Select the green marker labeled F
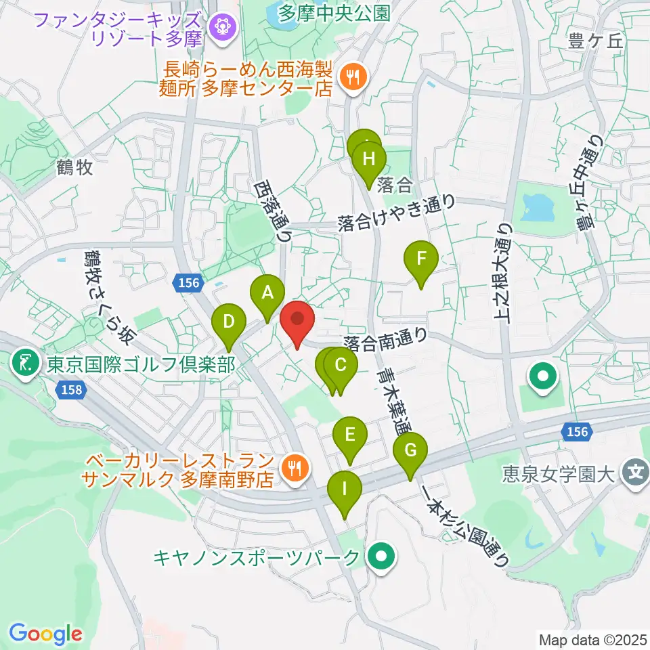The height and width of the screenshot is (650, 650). pos(421,259)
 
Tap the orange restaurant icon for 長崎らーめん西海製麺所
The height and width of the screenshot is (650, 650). pos(352,77)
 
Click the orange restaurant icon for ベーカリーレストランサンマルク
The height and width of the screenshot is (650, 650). pos(294,467)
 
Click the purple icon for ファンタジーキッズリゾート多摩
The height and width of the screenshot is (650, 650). pos(221,28)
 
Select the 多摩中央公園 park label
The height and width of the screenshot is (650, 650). pos(334,13)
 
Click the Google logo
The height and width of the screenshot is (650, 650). pos(45,634)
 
